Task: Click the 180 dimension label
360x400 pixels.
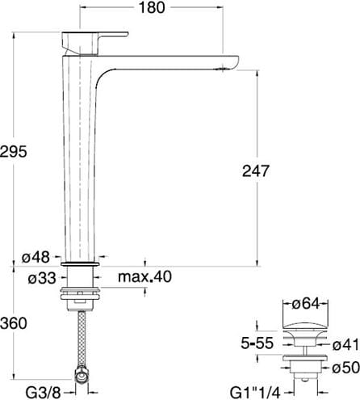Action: click(152, 7)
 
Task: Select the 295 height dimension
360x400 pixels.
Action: click(14, 151)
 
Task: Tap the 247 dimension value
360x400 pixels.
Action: click(255, 171)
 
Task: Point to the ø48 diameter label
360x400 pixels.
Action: click(36, 257)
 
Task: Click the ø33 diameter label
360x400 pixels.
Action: click(42, 278)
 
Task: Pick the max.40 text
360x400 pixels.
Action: click(144, 276)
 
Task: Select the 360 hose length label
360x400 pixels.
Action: click(14, 323)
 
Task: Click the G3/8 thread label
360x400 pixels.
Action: click(43, 393)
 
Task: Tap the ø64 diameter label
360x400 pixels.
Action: click(306, 304)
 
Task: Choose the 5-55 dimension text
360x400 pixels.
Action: click(257, 343)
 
